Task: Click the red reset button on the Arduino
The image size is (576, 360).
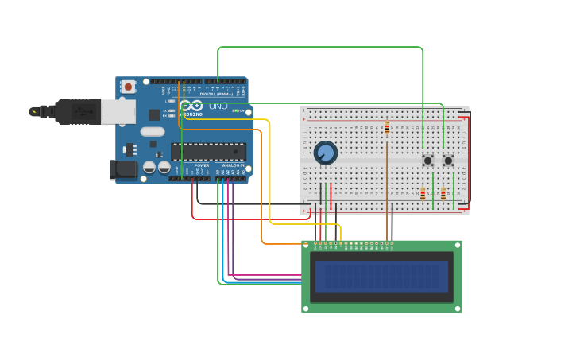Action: pos(128,87)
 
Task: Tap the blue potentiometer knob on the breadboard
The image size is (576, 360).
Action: pos(325,153)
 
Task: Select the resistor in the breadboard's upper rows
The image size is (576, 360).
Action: pos(387,128)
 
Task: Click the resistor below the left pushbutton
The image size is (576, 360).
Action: pos(423,193)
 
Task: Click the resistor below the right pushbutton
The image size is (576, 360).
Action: pos(443,193)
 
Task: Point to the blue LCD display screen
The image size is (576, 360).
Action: pos(381,277)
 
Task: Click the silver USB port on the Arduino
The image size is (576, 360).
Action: pos(118,111)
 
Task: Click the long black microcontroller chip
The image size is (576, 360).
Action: pos(208,152)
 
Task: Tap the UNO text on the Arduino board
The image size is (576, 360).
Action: pos(218,106)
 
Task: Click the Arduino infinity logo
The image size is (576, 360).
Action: pos(191,106)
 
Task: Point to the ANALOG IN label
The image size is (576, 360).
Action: pos(233,165)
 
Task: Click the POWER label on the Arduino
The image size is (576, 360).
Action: pos(202,165)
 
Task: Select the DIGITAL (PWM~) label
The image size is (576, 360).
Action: pos(228,94)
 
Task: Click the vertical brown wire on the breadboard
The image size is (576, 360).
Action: pos(387,183)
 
